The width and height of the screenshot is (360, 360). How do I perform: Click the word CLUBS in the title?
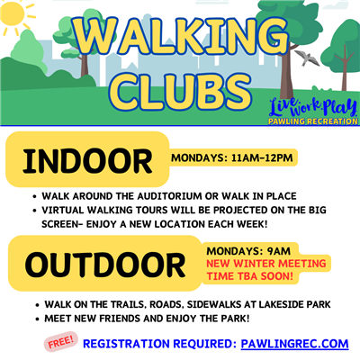(179, 91)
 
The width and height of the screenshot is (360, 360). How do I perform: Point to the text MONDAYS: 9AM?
(248, 250)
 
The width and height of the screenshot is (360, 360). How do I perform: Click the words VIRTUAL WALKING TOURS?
(91, 209)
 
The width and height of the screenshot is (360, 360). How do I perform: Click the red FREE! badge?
(59, 343)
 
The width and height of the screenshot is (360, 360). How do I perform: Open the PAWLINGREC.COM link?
(294, 345)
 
